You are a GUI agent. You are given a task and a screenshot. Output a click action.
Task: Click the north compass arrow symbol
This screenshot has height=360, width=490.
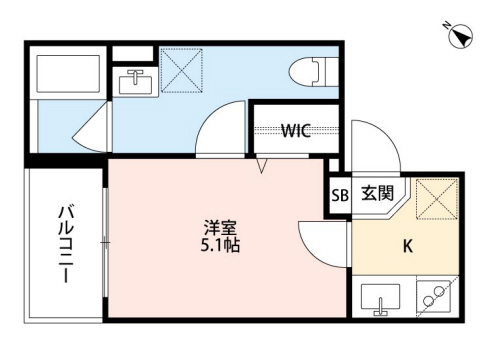(460, 37)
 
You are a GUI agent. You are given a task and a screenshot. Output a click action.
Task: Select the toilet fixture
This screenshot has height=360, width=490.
(311, 71)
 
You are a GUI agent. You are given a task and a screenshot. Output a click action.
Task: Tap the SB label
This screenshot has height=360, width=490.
(339, 196)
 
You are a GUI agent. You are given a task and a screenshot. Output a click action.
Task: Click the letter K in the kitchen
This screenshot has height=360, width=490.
(408, 245)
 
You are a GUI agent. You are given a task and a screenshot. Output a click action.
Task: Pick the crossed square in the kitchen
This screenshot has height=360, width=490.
(436, 197)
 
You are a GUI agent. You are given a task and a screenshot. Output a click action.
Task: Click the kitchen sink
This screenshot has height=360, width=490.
(379, 298)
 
